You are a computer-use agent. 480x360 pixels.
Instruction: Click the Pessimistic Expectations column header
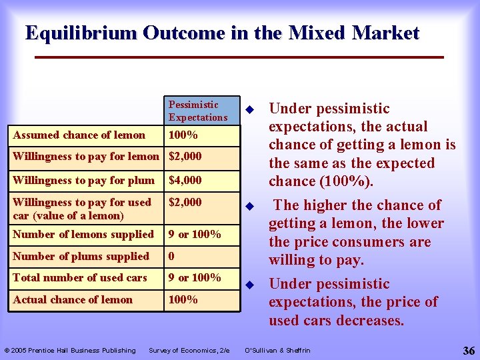[x=198, y=111]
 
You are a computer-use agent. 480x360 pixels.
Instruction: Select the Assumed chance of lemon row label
[x=79, y=135]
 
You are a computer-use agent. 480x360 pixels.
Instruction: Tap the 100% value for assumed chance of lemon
[x=183, y=135]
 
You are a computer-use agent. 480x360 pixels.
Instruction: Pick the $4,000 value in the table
[x=185, y=179]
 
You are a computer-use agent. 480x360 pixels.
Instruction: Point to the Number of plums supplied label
[x=81, y=256]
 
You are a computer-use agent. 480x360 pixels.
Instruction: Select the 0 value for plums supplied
[x=171, y=256]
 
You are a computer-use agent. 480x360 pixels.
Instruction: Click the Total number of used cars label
[x=79, y=277]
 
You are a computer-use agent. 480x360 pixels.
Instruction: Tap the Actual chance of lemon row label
[x=73, y=299]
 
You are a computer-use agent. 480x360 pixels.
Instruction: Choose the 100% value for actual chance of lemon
[x=183, y=299]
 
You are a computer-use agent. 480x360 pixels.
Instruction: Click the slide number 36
[x=467, y=350]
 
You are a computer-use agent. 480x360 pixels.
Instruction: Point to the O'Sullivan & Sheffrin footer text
[x=277, y=351]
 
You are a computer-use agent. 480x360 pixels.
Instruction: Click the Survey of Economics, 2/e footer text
[x=189, y=351]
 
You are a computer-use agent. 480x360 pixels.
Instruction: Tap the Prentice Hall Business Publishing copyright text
[x=70, y=351]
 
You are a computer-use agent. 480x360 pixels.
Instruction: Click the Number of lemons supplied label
[x=83, y=234]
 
